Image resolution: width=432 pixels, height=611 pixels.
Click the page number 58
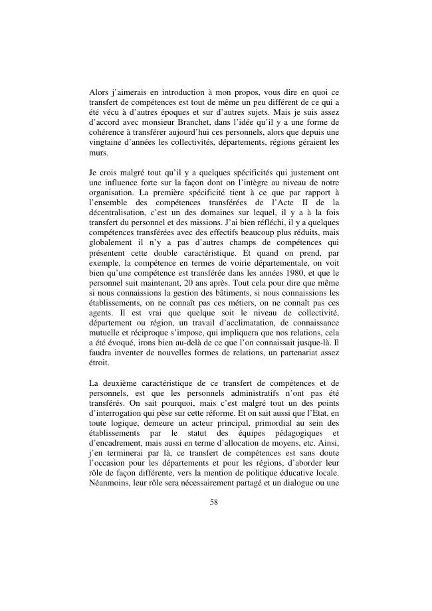[x=214, y=502]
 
